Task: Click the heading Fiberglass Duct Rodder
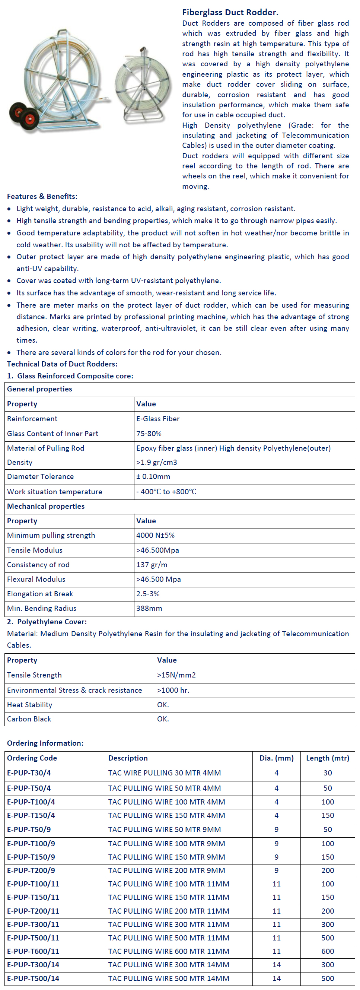pos(230,12)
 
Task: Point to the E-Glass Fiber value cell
pos(158,419)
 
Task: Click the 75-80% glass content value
pos(149,434)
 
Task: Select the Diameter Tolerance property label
pos(40,476)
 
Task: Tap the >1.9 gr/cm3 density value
pos(157,462)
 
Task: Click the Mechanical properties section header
pos(46,506)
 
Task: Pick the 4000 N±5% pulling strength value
pos(155,535)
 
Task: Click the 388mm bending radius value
pos(149,608)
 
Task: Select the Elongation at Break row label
pos(40,594)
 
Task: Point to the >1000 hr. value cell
pos(173,690)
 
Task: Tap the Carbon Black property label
pos(29,719)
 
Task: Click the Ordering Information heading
pos(45,743)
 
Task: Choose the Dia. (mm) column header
pos(276,758)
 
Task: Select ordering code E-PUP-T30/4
pos(29,773)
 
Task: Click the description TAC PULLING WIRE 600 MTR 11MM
pos(169,951)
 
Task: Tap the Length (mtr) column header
pos(327,758)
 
